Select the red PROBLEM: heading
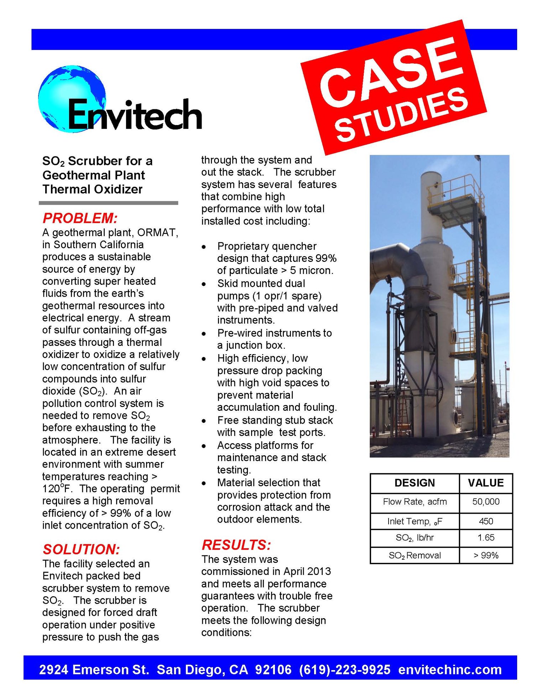coord(80,218)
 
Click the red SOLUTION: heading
coord(81,549)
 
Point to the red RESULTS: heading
coord(236,545)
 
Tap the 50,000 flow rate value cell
coord(485,502)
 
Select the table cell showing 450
coord(485,521)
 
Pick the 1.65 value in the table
coord(485,538)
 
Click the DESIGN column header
coord(414,483)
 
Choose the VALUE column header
coord(485,483)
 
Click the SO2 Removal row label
coord(414,555)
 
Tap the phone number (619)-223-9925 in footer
coord(344,670)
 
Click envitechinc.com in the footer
coord(449,670)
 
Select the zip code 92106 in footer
coord(273,670)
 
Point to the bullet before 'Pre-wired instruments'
coord(204,334)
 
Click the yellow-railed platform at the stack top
coord(456,199)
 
